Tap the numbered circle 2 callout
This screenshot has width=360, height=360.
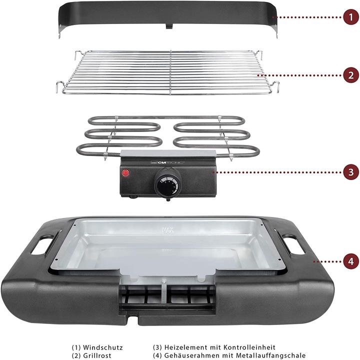click(350, 75)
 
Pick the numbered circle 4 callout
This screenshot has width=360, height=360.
click(350, 261)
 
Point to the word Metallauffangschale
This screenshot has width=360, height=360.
click(273, 355)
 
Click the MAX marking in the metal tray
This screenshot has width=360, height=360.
click(167, 231)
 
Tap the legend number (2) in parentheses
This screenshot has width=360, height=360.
click(76, 355)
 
